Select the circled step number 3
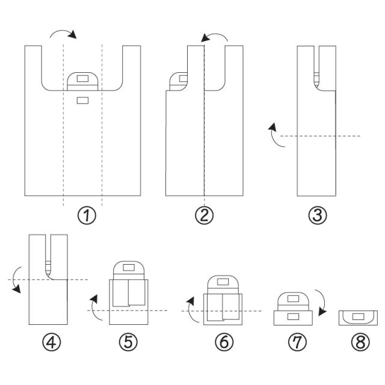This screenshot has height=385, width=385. coord(317,215)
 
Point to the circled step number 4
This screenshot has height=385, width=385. coord(51,342)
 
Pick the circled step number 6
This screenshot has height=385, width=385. coord(224,342)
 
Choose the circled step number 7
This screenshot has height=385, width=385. coord(297,342)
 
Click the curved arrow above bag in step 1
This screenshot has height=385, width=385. coord(63,34)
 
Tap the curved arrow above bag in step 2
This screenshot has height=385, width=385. coord(215,38)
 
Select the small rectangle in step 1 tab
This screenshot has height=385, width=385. coord(83,79)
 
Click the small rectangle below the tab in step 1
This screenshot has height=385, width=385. coord(83,100)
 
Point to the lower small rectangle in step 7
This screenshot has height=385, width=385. coord(293,316)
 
